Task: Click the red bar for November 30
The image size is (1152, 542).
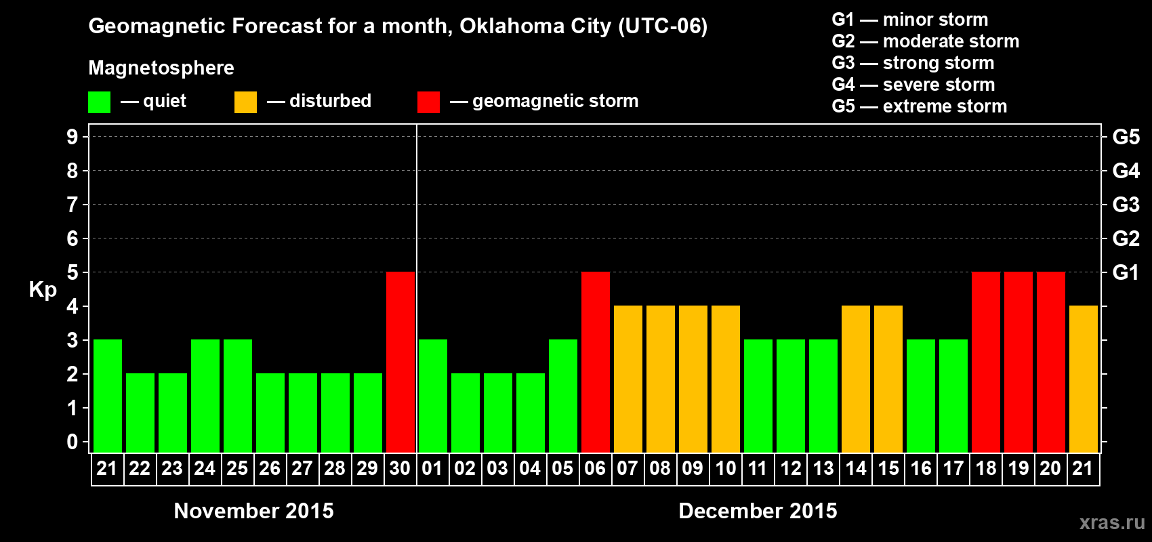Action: [400, 362]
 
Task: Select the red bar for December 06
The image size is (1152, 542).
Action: [596, 362]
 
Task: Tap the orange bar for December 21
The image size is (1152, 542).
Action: [1084, 379]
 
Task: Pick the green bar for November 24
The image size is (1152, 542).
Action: [205, 396]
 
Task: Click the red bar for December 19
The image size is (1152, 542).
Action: [1019, 362]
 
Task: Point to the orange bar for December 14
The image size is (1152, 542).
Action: [856, 379]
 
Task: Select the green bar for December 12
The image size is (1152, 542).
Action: [791, 396]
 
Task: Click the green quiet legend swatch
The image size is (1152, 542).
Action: [99, 102]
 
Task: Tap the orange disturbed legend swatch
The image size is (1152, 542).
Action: [245, 102]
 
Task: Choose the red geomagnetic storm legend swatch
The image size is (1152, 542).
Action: [428, 102]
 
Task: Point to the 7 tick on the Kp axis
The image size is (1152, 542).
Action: [73, 205]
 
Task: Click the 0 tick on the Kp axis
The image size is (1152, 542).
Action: [73, 442]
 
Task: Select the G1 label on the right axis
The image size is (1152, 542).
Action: [1126, 272]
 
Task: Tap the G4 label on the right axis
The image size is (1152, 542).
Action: [1126, 171]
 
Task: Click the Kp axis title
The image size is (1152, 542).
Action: [43, 289]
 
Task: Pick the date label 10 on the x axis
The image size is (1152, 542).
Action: [726, 468]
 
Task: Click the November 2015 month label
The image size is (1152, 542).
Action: [253, 511]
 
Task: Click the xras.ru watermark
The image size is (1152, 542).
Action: [1112, 522]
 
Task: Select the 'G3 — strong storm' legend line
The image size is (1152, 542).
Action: [913, 63]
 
